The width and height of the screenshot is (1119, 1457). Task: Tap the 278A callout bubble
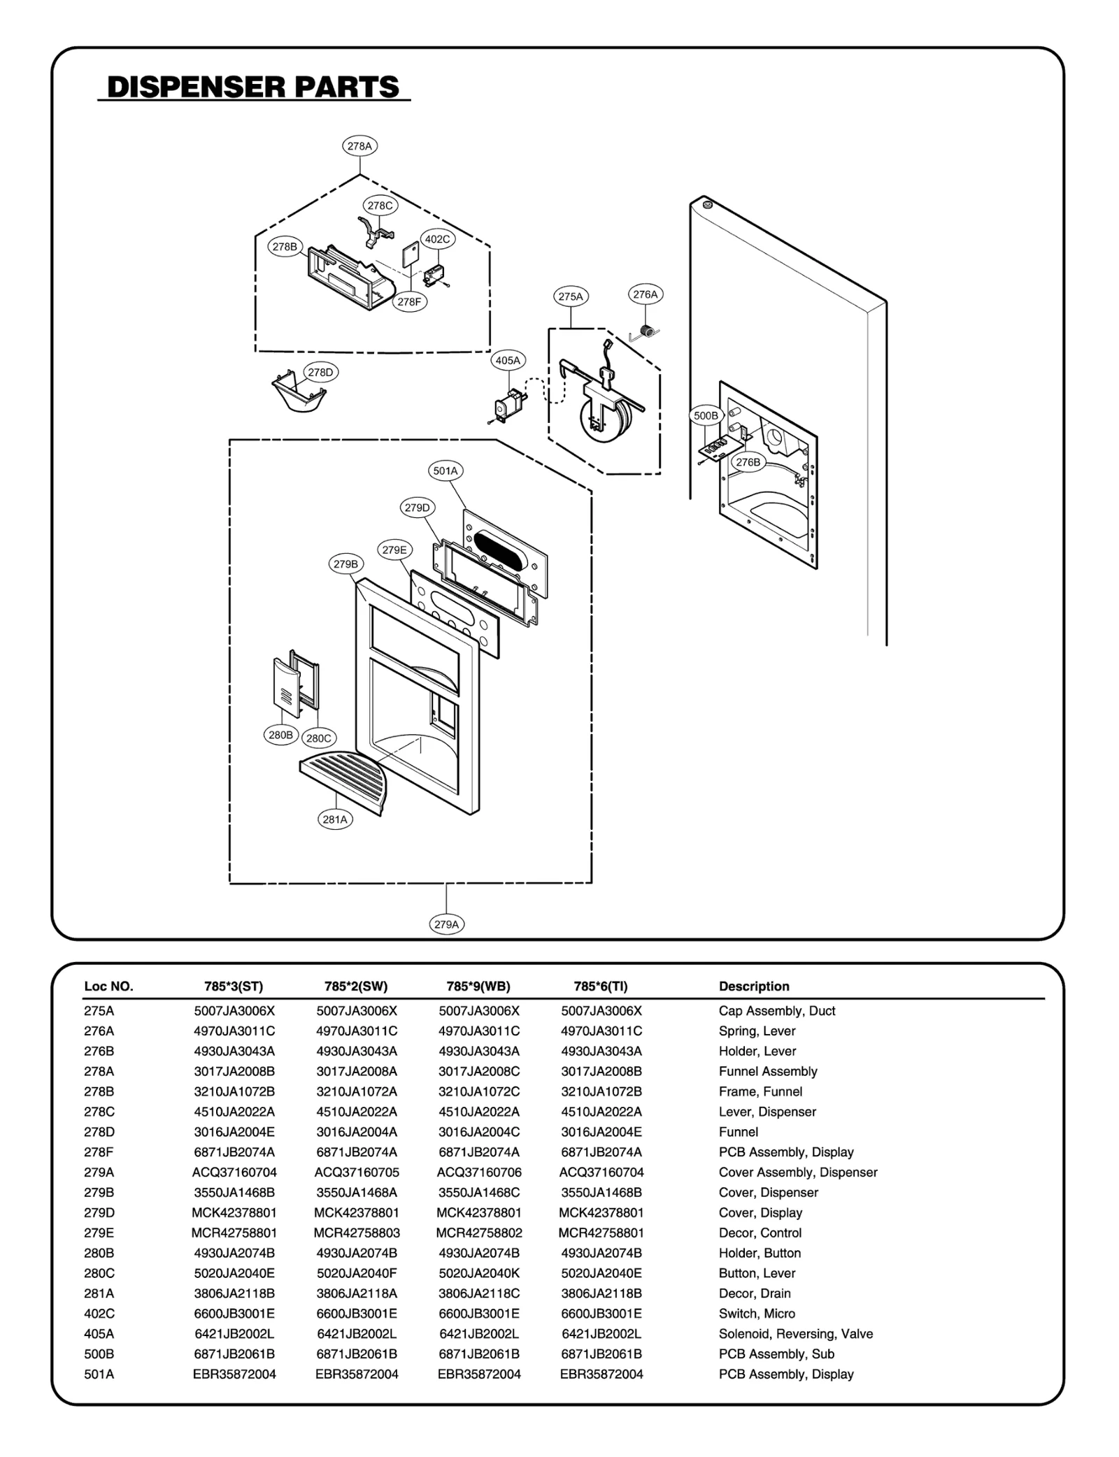point(359,146)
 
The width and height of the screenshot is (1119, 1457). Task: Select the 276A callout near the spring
point(645,294)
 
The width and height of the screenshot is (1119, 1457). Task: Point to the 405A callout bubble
point(508,361)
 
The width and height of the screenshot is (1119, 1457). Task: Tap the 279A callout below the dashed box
point(446,924)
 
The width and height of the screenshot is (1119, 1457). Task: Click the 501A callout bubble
point(445,471)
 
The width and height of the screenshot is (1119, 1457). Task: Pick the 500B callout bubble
point(706,416)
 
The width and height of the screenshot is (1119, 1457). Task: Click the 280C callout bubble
point(318,738)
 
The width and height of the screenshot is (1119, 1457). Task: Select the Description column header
point(754,986)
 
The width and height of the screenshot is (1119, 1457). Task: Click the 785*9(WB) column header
point(478,986)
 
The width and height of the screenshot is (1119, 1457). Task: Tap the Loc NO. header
point(108,986)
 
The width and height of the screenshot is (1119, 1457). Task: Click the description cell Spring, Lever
point(757,1031)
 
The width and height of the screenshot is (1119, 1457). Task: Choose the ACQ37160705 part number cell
point(357,1172)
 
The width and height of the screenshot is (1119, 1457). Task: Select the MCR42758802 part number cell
point(479,1233)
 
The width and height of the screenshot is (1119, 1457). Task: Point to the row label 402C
point(99,1314)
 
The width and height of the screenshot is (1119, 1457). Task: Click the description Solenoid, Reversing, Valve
point(795,1335)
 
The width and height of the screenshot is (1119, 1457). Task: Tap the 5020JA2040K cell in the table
point(479,1274)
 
